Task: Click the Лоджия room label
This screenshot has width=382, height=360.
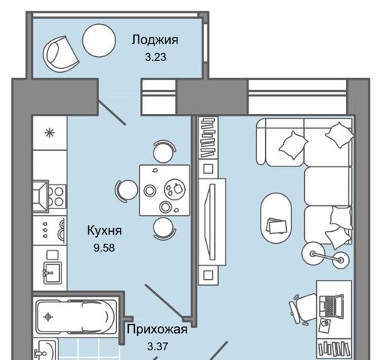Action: (x=155, y=40)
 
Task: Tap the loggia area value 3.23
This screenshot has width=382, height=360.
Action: (x=156, y=57)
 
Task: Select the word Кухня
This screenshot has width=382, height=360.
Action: (x=104, y=230)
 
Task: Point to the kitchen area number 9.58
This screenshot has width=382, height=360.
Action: (x=104, y=247)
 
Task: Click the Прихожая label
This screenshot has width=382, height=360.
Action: (x=157, y=329)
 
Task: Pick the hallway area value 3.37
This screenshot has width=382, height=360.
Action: (x=157, y=346)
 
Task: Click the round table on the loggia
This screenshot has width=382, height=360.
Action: (x=99, y=40)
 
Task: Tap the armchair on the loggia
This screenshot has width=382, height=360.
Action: (x=61, y=55)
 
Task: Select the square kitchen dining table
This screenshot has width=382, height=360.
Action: (x=165, y=190)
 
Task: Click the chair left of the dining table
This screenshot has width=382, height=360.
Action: (x=126, y=190)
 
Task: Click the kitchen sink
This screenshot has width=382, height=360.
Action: (x=52, y=273)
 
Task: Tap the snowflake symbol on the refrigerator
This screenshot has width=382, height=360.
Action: (x=49, y=133)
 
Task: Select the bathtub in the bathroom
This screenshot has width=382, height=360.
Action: (x=76, y=317)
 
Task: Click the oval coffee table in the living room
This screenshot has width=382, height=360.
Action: (x=276, y=218)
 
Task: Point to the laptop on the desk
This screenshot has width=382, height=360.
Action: (x=331, y=305)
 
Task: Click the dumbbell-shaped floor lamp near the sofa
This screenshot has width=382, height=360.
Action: (x=325, y=257)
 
